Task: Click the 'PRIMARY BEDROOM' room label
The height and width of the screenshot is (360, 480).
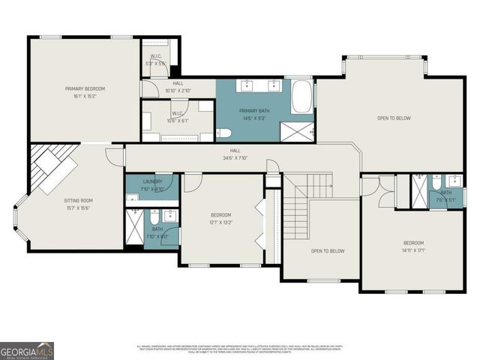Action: (x=84, y=89)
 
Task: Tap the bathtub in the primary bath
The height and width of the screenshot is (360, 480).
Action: (x=301, y=98)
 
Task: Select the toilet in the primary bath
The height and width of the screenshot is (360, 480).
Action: (x=224, y=133)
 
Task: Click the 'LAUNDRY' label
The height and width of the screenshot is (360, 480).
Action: (x=152, y=181)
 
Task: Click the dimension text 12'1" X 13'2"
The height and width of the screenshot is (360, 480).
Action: (x=220, y=222)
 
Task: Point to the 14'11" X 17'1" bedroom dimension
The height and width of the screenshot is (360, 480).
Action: (x=413, y=251)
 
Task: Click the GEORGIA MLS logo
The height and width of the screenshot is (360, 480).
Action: (x=27, y=350)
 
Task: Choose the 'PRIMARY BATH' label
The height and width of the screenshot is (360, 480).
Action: (x=253, y=110)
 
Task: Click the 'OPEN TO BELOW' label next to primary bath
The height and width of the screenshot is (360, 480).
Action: (x=393, y=118)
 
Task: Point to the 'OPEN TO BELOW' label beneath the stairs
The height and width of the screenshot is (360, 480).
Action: (x=328, y=250)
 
